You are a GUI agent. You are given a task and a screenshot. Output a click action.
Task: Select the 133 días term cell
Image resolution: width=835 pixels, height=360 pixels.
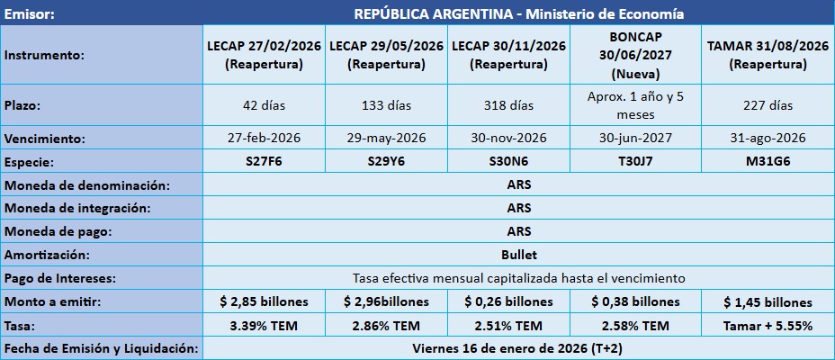click(x=386, y=105)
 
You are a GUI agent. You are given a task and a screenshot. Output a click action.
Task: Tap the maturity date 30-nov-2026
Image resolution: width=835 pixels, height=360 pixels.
click(x=508, y=139)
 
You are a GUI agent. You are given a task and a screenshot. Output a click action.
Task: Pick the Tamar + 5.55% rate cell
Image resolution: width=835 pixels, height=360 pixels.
click(x=768, y=325)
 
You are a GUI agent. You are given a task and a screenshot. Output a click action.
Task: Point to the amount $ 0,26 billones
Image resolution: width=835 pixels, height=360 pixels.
click(x=508, y=301)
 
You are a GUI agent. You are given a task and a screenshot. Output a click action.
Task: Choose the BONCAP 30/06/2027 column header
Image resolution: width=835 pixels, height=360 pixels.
click(x=635, y=55)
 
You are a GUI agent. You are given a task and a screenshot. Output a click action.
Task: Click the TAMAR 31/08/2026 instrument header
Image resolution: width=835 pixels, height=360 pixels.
click(x=768, y=55)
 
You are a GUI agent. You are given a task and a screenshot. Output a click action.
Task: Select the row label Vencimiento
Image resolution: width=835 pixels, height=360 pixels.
click(x=45, y=139)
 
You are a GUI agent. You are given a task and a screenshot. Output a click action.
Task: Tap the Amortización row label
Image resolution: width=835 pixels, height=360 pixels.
click(x=49, y=255)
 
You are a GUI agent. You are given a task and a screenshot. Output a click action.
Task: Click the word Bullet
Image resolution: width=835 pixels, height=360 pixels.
click(x=518, y=255)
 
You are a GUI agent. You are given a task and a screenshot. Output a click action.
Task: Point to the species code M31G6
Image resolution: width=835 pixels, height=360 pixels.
click(x=768, y=162)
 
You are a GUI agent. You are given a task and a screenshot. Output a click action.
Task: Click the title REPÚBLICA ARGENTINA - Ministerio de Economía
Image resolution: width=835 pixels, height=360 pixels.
click(x=518, y=14)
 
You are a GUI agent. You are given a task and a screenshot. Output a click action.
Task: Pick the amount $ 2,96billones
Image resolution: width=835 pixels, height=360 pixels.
click(x=386, y=301)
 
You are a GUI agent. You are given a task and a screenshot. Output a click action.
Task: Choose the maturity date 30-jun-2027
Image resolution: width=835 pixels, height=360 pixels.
click(x=635, y=139)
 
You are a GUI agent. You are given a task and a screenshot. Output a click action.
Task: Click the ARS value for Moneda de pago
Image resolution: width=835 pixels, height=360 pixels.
click(x=518, y=231)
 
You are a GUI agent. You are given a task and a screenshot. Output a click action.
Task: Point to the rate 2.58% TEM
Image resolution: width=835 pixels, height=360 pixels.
click(x=635, y=325)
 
